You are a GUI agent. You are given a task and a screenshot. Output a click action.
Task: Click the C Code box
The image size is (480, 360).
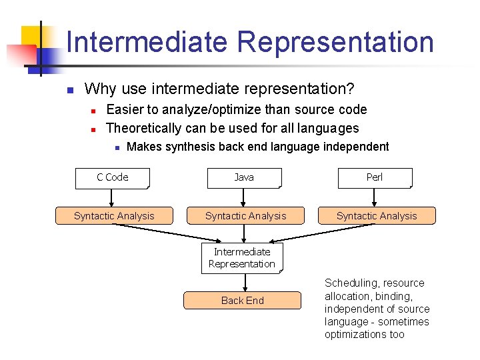click(x=112, y=177)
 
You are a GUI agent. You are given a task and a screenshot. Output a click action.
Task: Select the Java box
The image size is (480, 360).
click(x=244, y=177)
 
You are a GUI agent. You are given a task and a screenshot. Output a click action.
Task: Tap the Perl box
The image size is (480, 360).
click(x=375, y=177)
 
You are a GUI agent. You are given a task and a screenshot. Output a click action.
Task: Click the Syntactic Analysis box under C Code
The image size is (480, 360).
click(x=114, y=216)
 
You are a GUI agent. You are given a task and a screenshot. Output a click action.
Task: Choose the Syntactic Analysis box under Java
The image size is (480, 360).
click(x=245, y=216)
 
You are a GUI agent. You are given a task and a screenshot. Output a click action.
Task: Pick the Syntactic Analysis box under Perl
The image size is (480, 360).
click(x=377, y=216)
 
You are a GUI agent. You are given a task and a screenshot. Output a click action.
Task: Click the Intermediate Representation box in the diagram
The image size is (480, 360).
click(x=242, y=258)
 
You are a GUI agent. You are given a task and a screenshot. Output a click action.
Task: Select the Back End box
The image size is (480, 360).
click(x=243, y=301)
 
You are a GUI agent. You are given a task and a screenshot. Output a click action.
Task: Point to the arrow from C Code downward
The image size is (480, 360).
click(x=113, y=197)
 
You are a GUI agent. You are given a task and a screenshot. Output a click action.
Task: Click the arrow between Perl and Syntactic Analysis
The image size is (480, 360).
click(x=375, y=197)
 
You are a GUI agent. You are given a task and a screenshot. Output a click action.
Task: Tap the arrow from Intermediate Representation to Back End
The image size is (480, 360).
click(x=243, y=282)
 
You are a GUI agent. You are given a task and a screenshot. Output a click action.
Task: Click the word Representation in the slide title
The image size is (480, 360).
click(x=335, y=42)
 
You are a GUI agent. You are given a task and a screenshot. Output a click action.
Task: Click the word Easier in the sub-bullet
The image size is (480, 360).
click(x=127, y=109)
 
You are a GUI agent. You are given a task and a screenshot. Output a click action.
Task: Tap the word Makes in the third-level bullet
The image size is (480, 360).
click(x=143, y=147)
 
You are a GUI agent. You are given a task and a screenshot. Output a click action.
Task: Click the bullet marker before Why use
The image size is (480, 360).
click(x=69, y=89)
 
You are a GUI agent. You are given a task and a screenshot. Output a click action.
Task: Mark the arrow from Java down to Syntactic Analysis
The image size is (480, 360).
click(x=244, y=197)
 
